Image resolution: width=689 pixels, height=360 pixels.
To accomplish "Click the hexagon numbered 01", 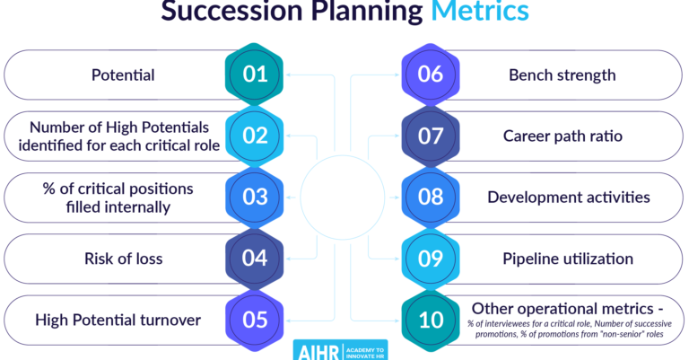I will click(x=256, y=75).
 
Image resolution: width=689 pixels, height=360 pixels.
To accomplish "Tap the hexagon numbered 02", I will click(x=256, y=136).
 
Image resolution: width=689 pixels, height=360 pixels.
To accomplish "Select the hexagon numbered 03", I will click(x=256, y=197).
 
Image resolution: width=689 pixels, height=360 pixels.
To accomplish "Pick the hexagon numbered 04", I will click(x=256, y=259).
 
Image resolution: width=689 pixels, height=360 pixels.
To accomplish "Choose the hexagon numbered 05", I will click(x=256, y=320).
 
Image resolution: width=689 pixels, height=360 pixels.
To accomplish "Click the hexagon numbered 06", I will click(x=431, y=75).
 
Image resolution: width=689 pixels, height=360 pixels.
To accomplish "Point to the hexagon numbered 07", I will click(x=431, y=136).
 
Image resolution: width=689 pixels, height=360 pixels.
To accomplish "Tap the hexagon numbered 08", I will click(x=431, y=197).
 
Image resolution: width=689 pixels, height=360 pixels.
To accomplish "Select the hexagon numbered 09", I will click(x=431, y=259).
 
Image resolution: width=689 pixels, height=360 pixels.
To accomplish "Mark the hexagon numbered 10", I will click(x=431, y=320).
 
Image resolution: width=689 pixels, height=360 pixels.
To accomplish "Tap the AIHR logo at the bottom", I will click(x=344, y=349).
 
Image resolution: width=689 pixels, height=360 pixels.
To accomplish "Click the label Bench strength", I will click(x=563, y=75).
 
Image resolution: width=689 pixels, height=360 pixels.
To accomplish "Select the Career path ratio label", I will click(x=563, y=136).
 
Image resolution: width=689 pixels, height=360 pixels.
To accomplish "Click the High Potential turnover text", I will click(x=118, y=320).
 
